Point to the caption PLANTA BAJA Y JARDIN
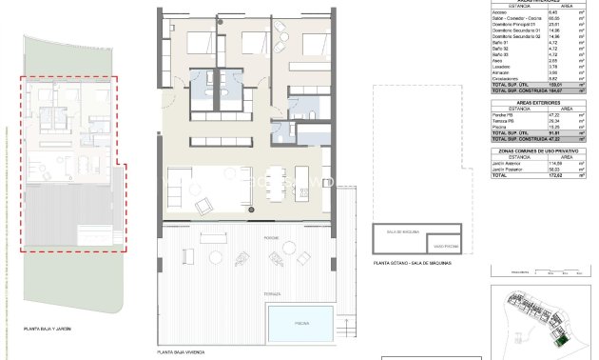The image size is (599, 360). tap(48, 329)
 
